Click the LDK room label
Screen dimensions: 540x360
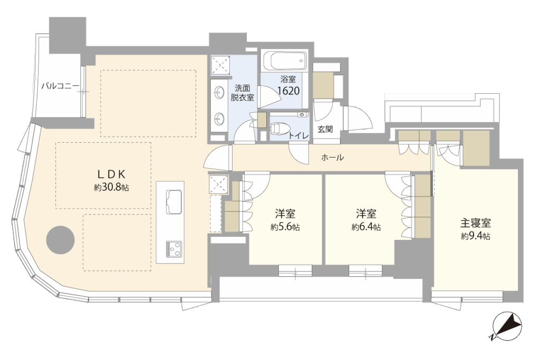point(111,174)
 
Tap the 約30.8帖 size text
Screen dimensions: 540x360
point(111,188)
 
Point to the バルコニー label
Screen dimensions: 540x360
point(60,86)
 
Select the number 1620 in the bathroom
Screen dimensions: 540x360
point(288,91)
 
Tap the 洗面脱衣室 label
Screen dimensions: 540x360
point(242,93)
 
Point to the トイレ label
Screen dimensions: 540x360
point(298,136)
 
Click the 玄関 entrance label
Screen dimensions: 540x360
point(325,130)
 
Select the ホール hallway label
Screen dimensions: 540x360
point(332,158)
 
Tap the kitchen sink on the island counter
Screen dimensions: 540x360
point(174,202)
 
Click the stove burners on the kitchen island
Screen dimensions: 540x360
point(174,249)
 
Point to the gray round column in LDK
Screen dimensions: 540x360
point(61,240)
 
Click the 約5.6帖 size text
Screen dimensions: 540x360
point(285,227)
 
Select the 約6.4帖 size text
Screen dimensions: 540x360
point(366,227)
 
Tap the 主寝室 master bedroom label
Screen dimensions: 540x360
point(476,223)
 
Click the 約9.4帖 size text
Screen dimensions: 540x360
point(476,237)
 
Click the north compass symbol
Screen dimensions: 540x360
point(507,326)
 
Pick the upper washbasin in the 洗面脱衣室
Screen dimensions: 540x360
point(218,92)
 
